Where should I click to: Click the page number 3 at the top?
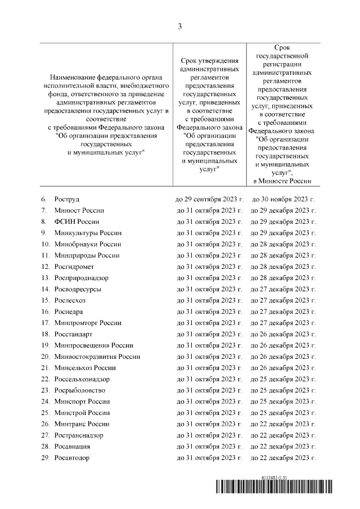[180, 26]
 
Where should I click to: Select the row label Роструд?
[67, 199]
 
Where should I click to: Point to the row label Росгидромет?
[74, 267]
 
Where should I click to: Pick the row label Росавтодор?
[72, 458]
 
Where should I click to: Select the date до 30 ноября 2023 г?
[283, 199]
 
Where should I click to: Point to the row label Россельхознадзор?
[82, 379]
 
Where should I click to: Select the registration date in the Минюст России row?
[283, 210]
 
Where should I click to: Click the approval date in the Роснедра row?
[209, 312]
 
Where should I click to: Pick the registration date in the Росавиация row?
[283, 447]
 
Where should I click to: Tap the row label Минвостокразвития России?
[97, 357]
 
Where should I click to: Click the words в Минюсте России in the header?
[283, 181]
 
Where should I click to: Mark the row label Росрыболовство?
[80, 390]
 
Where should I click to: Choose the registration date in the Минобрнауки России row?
[283, 244]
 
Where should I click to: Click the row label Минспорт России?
[82, 402]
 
